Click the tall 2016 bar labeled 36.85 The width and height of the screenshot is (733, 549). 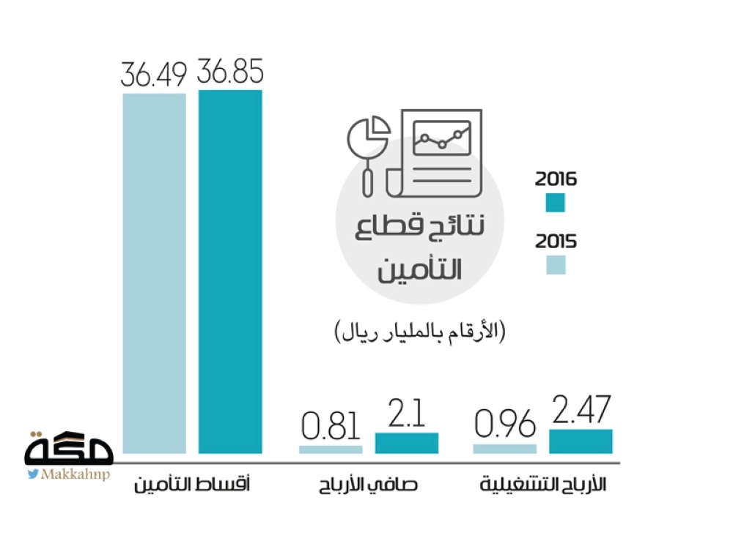coord(230,271)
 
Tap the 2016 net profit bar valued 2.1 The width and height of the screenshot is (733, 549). coord(407,443)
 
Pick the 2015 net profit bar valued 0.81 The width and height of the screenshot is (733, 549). coord(331,449)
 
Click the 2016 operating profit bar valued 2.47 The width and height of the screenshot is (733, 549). coord(581,441)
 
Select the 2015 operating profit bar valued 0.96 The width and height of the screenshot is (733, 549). coord(504,448)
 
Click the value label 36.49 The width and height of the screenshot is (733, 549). coord(154,75)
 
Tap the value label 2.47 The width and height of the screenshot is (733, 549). coord(581,411)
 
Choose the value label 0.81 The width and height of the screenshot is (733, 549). coord(331,427)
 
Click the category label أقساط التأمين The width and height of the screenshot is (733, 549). coord(192,485)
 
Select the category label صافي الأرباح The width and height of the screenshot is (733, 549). coord(369,485)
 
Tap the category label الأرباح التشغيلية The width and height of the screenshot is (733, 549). coord(543,485)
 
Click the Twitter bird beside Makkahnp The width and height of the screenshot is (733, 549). coord(34,474)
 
